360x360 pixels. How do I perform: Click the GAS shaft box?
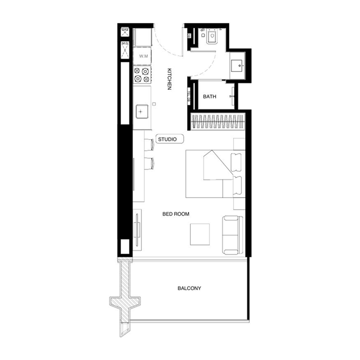click(x=125, y=31)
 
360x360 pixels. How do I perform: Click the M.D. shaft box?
click(x=125, y=49)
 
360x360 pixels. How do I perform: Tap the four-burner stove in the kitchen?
click(x=142, y=75)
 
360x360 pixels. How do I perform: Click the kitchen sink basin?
click(x=142, y=110)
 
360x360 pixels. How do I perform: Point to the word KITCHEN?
click(x=170, y=79)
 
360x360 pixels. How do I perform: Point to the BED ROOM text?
click(x=175, y=214)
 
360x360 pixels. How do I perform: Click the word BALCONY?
click(x=189, y=288)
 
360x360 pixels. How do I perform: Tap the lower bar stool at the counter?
click(x=149, y=163)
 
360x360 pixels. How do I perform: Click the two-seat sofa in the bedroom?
click(x=231, y=234)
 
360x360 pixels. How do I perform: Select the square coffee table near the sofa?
click(x=200, y=234)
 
